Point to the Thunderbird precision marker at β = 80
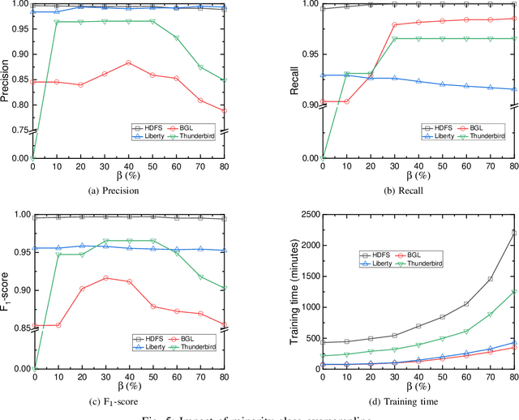[x=225, y=80]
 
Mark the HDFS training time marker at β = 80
[x=514, y=232]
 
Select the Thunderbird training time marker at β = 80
[x=514, y=292]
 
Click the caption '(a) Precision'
[x=129, y=191]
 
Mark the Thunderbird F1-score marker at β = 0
[x=33, y=369]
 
